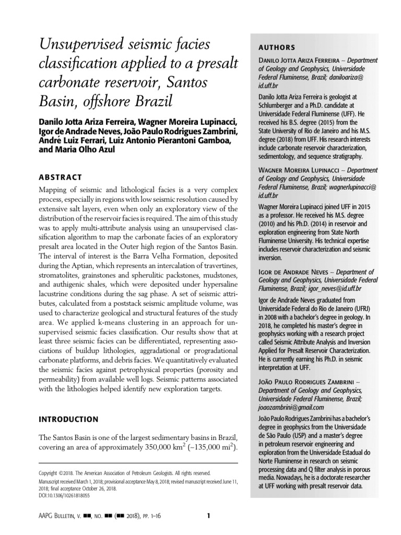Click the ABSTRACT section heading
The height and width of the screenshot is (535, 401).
[x=59, y=177]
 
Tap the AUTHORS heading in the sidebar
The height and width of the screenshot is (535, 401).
[x=277, y=47]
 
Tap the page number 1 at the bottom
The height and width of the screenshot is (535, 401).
[x=208, y=516]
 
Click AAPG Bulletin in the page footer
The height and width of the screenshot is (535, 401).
[x=58, y=517]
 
